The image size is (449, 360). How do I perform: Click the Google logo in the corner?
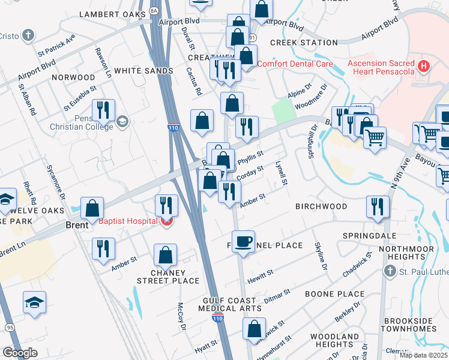pyautogui.click(x=20, y=353)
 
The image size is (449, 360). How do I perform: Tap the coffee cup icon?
pyautogui.click(x=243, y=241)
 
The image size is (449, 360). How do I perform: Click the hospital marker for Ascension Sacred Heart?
pyautogui.click(x=424, y=65)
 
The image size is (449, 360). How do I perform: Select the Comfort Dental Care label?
pyautogui.click(x=295, y=64)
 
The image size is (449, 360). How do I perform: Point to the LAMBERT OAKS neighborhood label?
pyautogui.click(x=112, y=14)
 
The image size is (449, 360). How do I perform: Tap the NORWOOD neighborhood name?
pyautogui.click(x=73, y=77)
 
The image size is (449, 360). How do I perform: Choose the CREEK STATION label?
pyautogui.click(x=304, y=43)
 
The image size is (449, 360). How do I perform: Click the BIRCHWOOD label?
pyautogui.click(x=321, y=206)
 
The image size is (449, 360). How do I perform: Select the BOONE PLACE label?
pyautogui.click(x=334, y=294)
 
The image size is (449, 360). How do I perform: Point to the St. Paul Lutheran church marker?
pyautogui.click(x=390, y=273)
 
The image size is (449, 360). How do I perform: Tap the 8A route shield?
pyautogui.click(x=154, y=10)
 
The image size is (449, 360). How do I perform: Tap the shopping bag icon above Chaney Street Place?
pyautogui.click(x=165, y=255)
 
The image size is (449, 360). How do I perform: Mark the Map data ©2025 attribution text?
pyautogui.click(x=423, y=355)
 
